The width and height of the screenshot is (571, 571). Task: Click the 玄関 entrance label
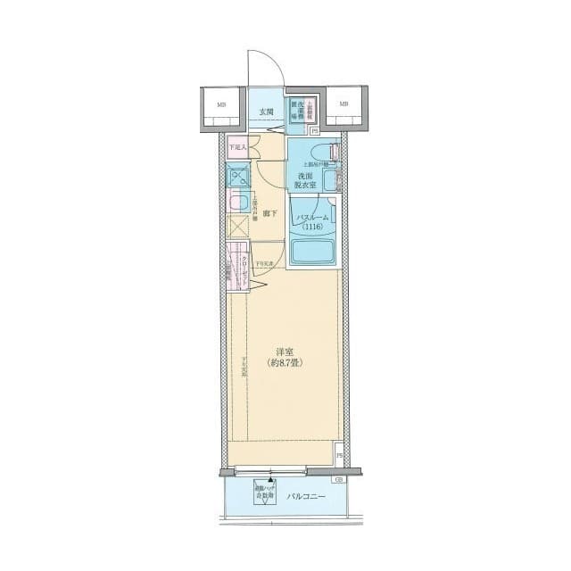[266, 112]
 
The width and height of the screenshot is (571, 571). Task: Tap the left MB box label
[220, 104]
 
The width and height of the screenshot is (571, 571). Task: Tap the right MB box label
[343, 104]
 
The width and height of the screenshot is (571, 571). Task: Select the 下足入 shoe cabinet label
[236, 147]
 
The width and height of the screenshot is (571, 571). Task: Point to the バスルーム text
[313, 218]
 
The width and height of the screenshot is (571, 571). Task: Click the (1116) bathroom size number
[313, 228]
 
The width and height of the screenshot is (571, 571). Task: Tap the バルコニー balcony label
[305, 496]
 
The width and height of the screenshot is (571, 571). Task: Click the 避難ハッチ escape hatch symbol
[267, 494]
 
